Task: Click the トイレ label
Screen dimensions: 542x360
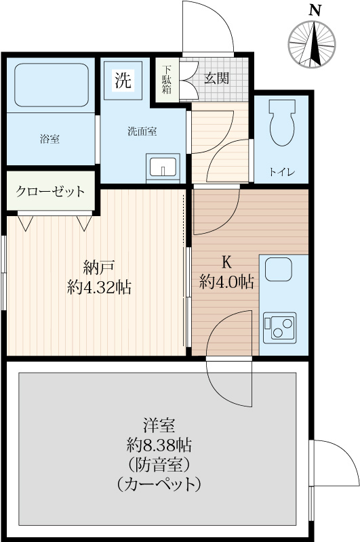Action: [x=282, y=171]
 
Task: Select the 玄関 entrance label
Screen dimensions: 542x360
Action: [x=217, y=78]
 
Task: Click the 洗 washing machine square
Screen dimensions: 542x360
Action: [x=123, y=81]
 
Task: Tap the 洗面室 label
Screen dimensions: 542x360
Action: [x=142, y=131]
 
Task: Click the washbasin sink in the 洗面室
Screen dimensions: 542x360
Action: [x=163, y=167]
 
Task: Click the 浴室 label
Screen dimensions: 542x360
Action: [x=49, y=140]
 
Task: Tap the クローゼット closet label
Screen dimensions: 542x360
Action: [x=52, y=191]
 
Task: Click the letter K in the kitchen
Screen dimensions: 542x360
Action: [x=226, y=261]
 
